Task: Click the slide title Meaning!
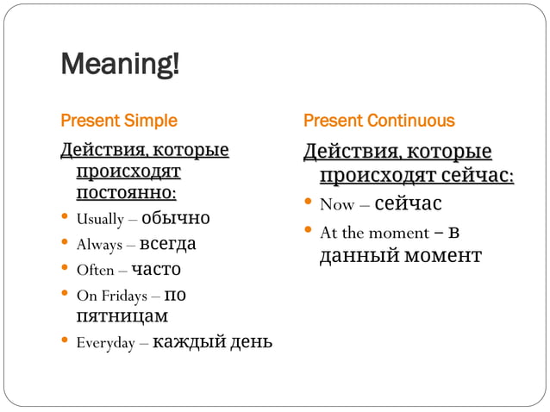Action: (x=120, y=65)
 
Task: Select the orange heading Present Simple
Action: (x=118, y=121)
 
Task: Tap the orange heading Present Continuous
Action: (x=378, y=121)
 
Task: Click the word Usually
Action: (x=100, y=218)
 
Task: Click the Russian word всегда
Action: (x=167, y=244)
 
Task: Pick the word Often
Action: (x=95, y=271)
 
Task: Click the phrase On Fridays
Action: (x=110, y=297)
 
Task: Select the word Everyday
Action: (x=106, y=343)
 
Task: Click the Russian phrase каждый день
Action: (x=212, y=342)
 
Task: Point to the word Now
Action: (x=337, y=205)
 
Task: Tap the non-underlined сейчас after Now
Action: (x=408, y=204)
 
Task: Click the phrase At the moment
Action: (x=374, y=233)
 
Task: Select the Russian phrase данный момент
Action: (x=400, y=256)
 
